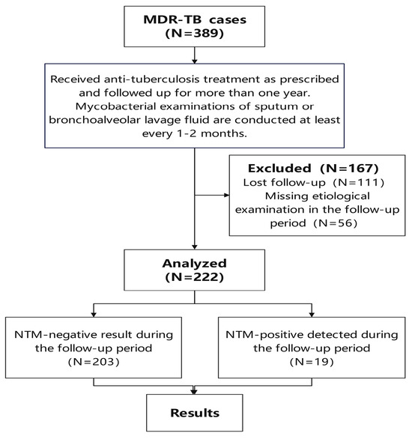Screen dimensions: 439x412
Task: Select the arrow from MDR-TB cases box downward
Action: [195, 56]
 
